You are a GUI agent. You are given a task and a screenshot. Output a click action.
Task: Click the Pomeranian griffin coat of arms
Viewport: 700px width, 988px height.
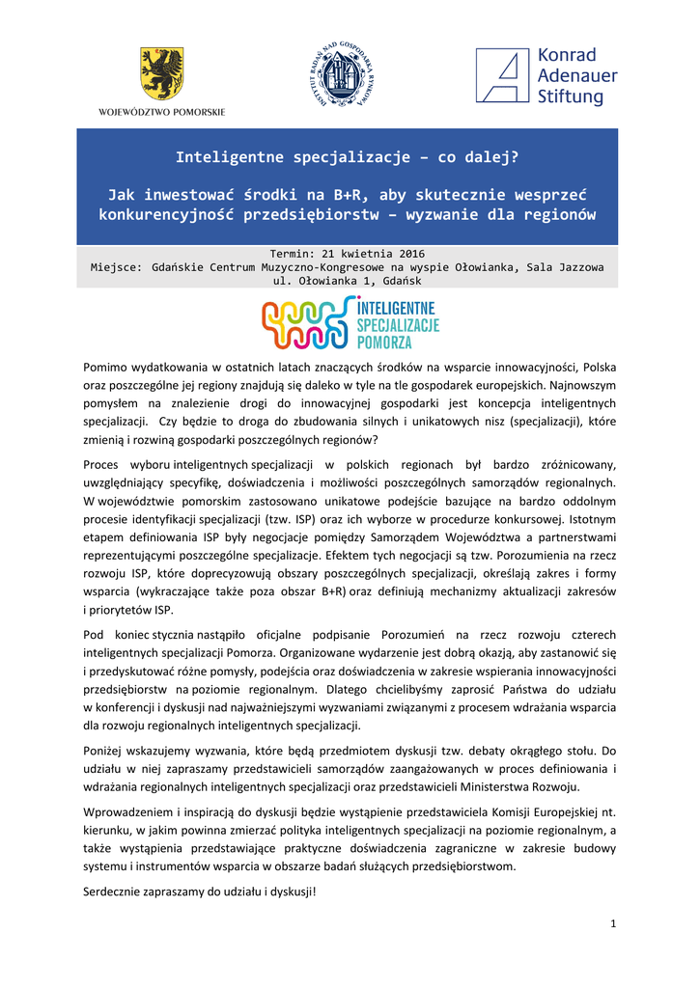pos(161,72)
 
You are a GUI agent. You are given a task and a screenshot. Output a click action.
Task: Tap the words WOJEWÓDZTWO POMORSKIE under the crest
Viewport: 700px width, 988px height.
pos(161,112)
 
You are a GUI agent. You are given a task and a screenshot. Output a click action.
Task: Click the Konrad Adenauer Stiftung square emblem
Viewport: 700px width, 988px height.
pos(502,75)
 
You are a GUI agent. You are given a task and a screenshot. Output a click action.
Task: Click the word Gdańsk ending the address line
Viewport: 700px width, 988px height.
pos(399,280)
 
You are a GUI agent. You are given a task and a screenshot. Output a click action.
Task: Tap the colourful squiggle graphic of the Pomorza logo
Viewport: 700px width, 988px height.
pos(307,323)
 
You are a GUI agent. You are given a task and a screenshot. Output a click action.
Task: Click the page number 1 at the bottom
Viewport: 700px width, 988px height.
pos(613,925)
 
